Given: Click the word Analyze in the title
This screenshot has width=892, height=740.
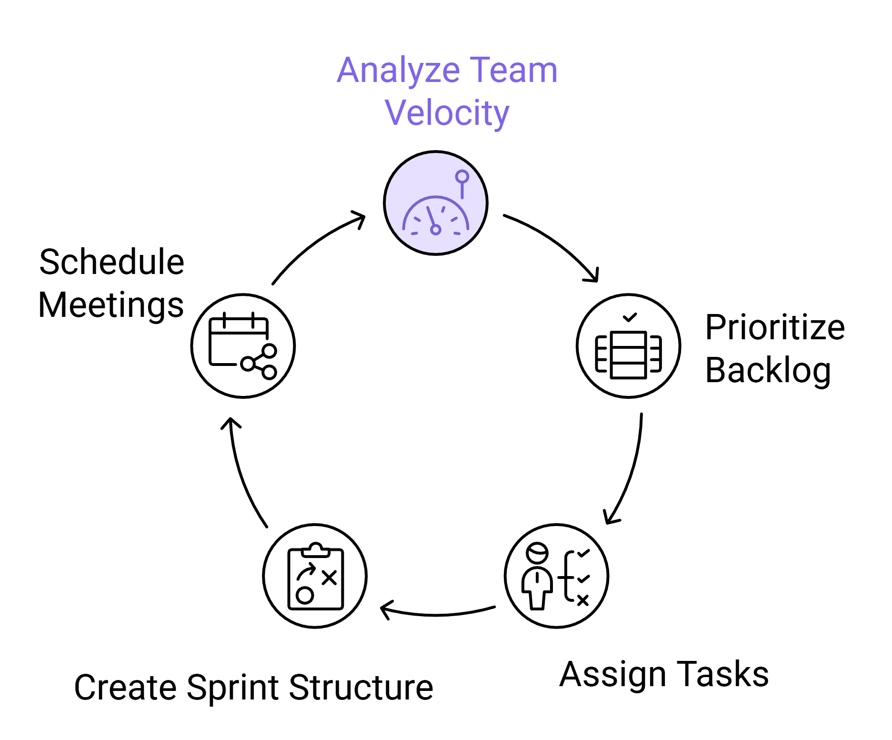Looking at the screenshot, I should click(398, 71).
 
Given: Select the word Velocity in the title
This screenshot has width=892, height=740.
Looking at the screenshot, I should click(447, 113).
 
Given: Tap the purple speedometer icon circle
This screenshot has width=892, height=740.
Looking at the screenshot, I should click(435, 203).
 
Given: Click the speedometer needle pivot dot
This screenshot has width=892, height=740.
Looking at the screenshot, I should click(435, 230).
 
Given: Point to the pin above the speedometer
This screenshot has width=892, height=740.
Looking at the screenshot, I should click(462, 177).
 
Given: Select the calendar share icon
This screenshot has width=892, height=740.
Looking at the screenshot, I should click(243, 346).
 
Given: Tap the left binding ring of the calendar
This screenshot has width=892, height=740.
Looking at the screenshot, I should click(224, 320).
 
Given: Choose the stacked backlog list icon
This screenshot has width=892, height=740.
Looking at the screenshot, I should click(628, 346).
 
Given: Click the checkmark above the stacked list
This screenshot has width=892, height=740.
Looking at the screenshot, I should click(630, 317).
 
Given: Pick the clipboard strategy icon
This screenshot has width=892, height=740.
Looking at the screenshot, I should click(315, 576).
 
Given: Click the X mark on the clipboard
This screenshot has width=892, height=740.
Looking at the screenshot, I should click(329, 578).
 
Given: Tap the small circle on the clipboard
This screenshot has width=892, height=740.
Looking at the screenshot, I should click(305, 595).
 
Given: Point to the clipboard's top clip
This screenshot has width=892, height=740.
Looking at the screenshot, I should click(315, 549).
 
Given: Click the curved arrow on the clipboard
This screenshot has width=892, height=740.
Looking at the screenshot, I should click(307, 571).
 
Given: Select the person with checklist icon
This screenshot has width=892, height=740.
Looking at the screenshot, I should click(556, 576).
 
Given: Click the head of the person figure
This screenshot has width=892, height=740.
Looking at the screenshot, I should click(537, 554).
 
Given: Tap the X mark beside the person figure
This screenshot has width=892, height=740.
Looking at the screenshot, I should click(583, 600).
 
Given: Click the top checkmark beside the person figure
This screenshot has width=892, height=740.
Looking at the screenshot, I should click(583, 553).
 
